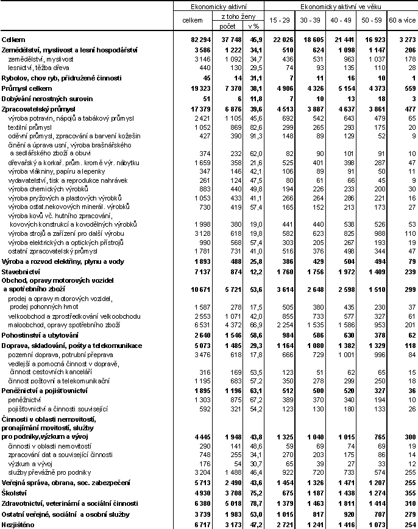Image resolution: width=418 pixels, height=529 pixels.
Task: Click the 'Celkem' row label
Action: (13, 39)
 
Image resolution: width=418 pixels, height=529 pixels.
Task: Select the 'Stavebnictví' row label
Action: (21, 271)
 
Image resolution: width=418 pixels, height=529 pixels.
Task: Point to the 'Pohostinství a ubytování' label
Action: (40, 335)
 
